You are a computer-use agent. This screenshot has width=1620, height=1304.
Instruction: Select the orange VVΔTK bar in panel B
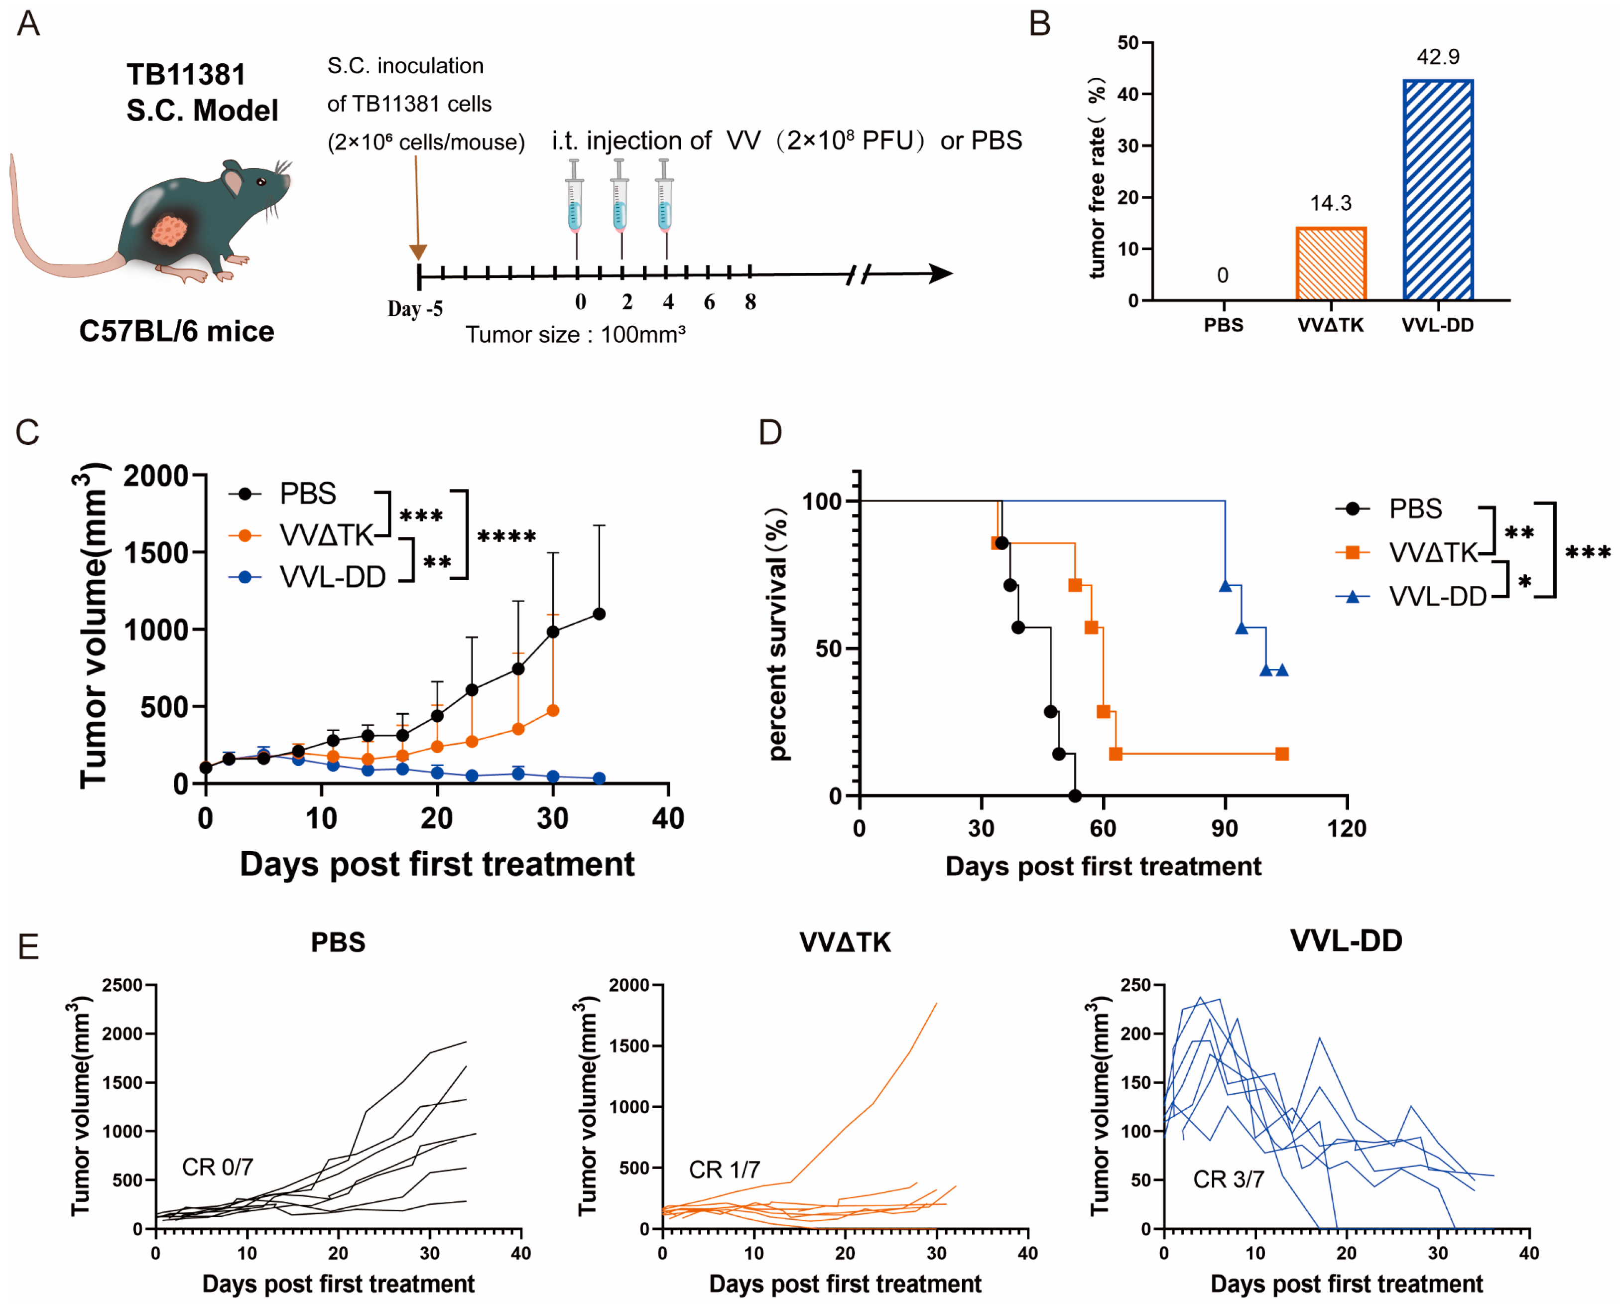1331,264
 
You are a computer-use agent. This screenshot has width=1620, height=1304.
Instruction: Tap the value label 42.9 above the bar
1437,57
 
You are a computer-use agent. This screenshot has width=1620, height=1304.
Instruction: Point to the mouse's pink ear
233,181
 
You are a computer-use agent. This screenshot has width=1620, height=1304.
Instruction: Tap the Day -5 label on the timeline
415,309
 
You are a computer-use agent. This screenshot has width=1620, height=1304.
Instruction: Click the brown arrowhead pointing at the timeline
418,252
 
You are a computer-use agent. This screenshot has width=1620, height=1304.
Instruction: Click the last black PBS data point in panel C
599,614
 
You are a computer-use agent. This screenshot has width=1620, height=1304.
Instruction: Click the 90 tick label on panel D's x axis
1225,828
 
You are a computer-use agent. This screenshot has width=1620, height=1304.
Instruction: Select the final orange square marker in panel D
1282,754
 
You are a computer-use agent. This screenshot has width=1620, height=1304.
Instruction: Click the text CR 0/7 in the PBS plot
217,1167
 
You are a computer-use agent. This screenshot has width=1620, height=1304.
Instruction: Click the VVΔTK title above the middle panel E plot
845,942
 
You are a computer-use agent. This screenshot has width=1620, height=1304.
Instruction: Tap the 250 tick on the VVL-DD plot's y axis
1135,985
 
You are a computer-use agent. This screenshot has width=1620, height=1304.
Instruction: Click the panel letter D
770,432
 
